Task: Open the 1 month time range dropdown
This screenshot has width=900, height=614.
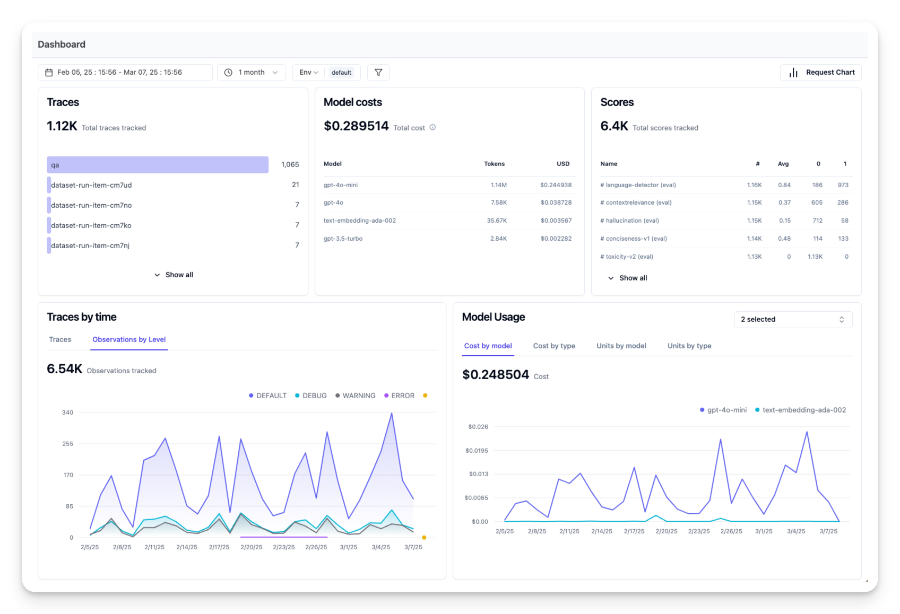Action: click(x=252, y=72)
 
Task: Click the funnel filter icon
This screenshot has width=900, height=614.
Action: click(x=378, y=72)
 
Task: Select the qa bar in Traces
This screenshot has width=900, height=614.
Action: click(x=158, y=165)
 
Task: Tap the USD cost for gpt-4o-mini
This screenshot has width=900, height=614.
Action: click(x=556, y=185)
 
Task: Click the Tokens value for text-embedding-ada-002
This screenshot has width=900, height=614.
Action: click(x=497, y=221)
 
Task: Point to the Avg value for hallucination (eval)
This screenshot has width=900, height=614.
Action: click(x=785, y=221)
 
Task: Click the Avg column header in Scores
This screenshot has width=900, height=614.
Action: click(x=783, y=164)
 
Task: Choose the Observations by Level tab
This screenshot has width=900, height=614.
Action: click(x=129, y=339)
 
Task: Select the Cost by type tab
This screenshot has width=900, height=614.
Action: click(x=554, y=346)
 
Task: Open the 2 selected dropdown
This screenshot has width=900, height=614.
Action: click(x=793, y=319)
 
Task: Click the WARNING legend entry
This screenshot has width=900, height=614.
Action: click(x=355, y=396)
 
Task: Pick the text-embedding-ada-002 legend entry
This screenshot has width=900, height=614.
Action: click(x=800, y=410)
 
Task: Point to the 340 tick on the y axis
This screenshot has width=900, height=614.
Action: click(x=67, y=413)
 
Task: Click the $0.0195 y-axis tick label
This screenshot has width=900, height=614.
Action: click(x=477, y=451)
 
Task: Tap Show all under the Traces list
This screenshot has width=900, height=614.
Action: click(x=174, y=275)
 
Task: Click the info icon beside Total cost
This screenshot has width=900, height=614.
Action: click(x=432, y=127)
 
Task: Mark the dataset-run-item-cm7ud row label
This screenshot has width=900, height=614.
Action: click(x=91, y=185)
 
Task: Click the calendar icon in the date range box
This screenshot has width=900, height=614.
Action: click(x=49, y=72)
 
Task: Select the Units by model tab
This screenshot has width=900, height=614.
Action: click(x=621, y=346)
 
